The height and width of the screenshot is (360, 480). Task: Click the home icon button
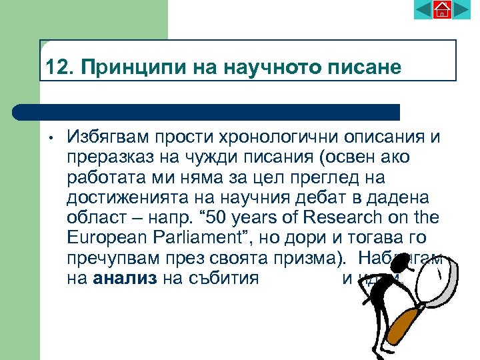coord(443,9)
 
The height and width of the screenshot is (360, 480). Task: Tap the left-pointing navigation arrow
coord(423,9)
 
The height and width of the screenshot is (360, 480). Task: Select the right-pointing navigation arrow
coord(461,9)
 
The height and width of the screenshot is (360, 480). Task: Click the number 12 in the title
coord(55,68)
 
